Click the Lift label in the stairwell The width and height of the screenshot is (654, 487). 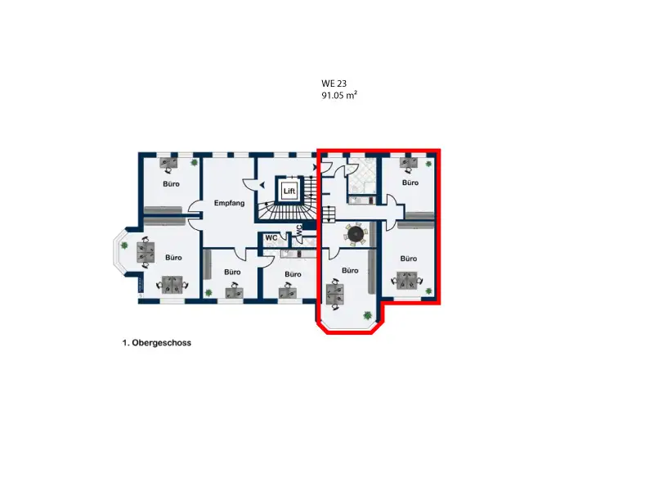(289, 191)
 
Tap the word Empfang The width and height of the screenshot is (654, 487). (229, 203)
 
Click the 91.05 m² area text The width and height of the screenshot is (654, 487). (339, 95)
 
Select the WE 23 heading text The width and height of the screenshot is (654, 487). (334, 83)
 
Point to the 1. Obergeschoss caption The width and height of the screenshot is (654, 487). (157, 343)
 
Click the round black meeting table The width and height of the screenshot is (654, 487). (356, 233)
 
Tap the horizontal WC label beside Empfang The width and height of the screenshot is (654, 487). (271, 237)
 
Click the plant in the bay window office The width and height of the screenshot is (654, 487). (124, 246)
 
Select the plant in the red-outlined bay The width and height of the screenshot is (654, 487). (367, 315)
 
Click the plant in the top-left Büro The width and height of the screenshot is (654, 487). (194, 162)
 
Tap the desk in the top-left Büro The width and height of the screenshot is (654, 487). (168, 163)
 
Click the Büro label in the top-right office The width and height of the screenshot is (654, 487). (410, 183)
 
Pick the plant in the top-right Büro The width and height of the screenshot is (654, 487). (428, 164)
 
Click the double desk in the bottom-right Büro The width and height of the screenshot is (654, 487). (407, 281)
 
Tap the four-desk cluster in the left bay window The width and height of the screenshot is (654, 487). (146, 252)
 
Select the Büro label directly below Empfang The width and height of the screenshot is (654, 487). (232, 272)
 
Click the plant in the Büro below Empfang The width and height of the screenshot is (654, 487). (208, 292)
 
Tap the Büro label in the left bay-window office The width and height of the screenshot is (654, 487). (173, 258)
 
